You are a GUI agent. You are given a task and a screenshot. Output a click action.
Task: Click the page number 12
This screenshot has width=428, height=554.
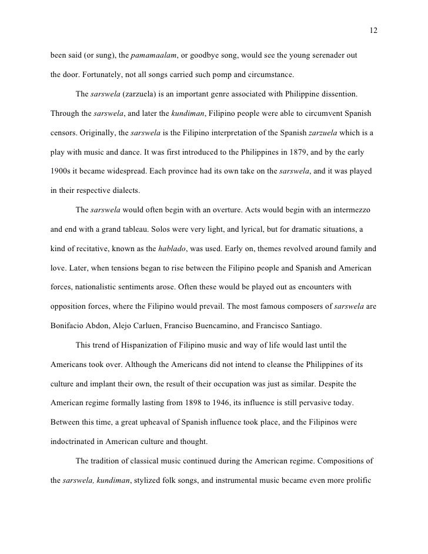coord(373,31)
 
